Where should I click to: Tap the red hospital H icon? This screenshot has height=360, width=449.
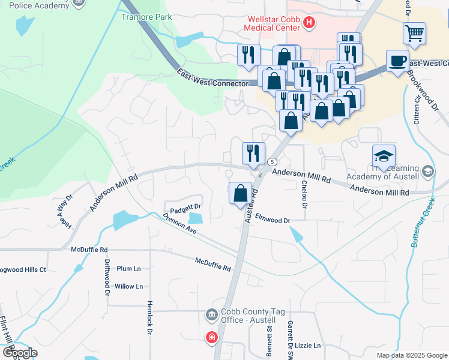[309, 23]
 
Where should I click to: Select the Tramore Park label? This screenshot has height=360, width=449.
[146, 17]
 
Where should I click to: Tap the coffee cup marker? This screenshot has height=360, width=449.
[397, 61]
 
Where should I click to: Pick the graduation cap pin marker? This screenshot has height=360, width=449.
[384, 156]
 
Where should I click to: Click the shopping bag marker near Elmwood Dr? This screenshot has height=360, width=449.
[240, 193]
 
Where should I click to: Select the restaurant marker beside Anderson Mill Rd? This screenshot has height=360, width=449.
[253, 153]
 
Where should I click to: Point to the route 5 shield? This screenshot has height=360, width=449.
[272, 162]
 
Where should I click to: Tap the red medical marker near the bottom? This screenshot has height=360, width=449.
[211, 338]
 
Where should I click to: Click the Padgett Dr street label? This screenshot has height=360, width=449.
[185, 208]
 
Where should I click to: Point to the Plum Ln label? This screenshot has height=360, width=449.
[128, 268]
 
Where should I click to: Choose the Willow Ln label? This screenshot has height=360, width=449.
[128, 286]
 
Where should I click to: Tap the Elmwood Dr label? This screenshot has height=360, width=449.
[273, 220]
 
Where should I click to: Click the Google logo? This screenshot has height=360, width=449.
[20, 353]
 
